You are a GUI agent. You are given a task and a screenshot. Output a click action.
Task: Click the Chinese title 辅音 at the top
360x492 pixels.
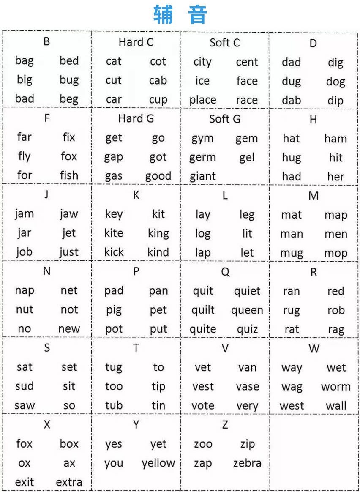tap(180, 15)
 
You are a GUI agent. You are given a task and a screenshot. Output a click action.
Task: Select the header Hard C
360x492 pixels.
tap(136, 42)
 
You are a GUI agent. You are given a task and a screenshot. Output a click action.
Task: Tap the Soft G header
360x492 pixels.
tap(225, 119)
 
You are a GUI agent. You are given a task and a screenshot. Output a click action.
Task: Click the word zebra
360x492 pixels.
tap(247, 463)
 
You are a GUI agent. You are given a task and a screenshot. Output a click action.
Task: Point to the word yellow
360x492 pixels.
tap(158, 463)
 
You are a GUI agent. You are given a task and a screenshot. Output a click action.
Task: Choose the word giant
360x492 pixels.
tap(203, 176)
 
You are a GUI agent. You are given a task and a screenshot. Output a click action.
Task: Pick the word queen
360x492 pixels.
tap(247, 310)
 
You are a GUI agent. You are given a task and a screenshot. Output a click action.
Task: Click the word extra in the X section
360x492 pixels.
tap(69, 482)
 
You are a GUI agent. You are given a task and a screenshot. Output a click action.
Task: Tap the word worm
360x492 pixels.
tap(336, 387)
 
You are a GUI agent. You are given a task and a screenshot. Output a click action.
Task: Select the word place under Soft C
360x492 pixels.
tap(203, 100)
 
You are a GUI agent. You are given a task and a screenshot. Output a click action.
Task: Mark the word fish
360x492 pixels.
tap(69, 175)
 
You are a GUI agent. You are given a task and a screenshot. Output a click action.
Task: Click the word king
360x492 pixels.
tap(158, 233)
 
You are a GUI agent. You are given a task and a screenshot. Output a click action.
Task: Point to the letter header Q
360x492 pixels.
tap(225, 272)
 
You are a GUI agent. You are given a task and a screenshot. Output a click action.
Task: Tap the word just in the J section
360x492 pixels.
tap(69, 252)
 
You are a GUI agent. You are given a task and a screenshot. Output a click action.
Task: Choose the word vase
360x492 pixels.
tap(247, 387)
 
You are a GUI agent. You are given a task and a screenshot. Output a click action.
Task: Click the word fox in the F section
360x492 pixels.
tap(69, 156)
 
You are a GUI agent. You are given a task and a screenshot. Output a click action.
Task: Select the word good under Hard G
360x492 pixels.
tap(158, 176)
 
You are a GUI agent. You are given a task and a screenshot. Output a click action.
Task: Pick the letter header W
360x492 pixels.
tap(314, 349)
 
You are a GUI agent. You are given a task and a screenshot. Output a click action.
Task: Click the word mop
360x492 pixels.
tap(336, 253)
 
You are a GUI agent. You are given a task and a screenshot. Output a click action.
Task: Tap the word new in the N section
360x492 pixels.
tap(69, 329)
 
